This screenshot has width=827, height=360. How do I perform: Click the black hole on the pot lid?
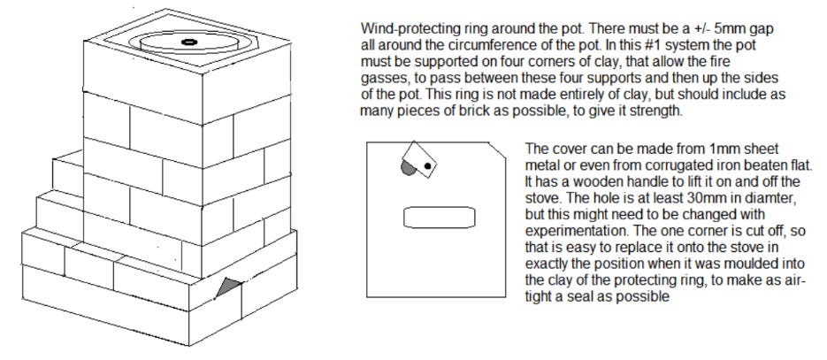pyautogui.click(x=188, y=42)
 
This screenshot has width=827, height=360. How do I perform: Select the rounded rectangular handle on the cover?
pyautogui.click(x=440, y=218)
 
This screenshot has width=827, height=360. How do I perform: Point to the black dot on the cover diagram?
pyautogui.click(x=428, y=166)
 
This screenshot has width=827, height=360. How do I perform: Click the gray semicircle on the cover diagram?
pyautogui.click(x=409, y=168)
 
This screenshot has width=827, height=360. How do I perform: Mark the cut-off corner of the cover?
pyautogui.click(x=497, y=149)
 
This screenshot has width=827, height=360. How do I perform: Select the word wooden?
pyautogui.click(x=570, y=182)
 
